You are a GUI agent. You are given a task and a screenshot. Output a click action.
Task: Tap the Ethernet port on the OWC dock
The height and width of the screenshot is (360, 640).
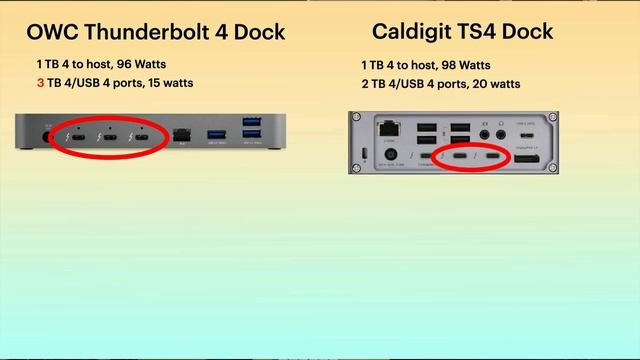click(x=181, y=135)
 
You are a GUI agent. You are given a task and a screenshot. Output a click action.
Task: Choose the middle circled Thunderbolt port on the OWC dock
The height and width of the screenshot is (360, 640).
click(x=103, y=137)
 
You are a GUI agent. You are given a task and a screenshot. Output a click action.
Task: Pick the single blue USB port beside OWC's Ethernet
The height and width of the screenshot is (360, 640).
click(x=216, y=135)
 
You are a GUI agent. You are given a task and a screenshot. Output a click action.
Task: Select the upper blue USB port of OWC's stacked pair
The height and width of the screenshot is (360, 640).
click(x=250, y=125)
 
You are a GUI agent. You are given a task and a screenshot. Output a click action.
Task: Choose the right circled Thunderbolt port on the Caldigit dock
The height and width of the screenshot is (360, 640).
click(x=493, y=157)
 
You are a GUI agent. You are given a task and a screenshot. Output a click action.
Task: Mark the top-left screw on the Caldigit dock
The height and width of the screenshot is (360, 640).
click(x=355, y=117)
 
